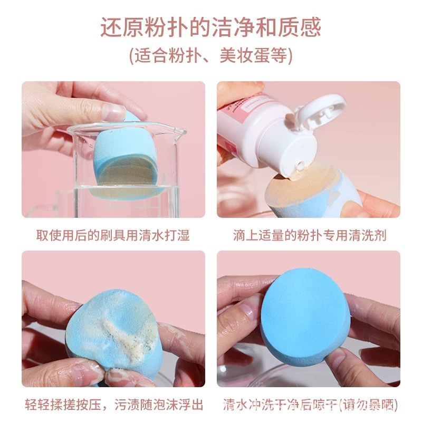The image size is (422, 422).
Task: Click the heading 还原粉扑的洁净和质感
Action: (211, 27)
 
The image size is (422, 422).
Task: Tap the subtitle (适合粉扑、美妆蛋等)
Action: (211, 55)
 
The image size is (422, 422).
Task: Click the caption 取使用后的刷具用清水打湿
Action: (112, 235)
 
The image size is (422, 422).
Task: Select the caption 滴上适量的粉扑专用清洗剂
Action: (310, 235)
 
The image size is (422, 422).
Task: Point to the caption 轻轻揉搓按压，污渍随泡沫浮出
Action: (113, 406)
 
